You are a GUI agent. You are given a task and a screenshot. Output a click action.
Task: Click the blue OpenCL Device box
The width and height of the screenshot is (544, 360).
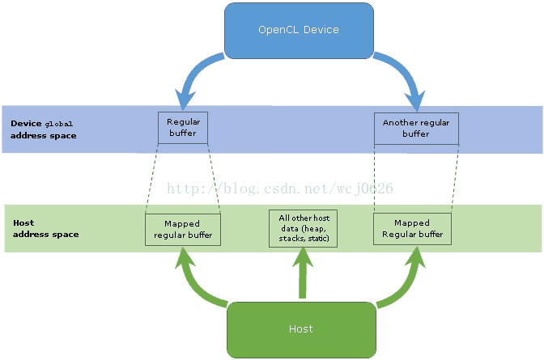click(299, 31)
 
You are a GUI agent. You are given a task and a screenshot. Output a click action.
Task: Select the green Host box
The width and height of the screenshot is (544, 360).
click(301, 329)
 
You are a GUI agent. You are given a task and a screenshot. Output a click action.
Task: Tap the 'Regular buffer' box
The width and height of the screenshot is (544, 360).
click(183, 128)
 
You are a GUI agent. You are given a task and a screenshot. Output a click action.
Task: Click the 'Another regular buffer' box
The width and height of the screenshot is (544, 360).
click(416, 129)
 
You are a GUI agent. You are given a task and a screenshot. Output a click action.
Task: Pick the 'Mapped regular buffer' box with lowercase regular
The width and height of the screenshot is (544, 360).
click(183, 230)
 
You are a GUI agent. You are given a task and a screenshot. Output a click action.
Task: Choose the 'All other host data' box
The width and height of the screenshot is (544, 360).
click(304, 228)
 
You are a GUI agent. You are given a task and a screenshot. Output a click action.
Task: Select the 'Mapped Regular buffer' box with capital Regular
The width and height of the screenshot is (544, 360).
click(413, 229)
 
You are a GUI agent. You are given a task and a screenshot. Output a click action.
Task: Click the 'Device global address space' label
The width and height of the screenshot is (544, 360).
click(44, 129)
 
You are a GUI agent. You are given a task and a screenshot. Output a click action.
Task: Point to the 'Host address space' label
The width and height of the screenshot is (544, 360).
click(46, 229)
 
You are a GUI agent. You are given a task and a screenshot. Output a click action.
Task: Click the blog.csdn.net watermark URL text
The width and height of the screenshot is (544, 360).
click(279, 188)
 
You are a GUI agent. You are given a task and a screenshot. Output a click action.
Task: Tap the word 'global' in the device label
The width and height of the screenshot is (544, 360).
click(59, 124)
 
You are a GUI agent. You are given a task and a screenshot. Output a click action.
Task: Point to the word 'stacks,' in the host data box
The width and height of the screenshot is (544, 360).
click(291, 239)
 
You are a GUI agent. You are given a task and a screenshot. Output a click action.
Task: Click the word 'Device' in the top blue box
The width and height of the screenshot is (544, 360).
click(321, 30)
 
